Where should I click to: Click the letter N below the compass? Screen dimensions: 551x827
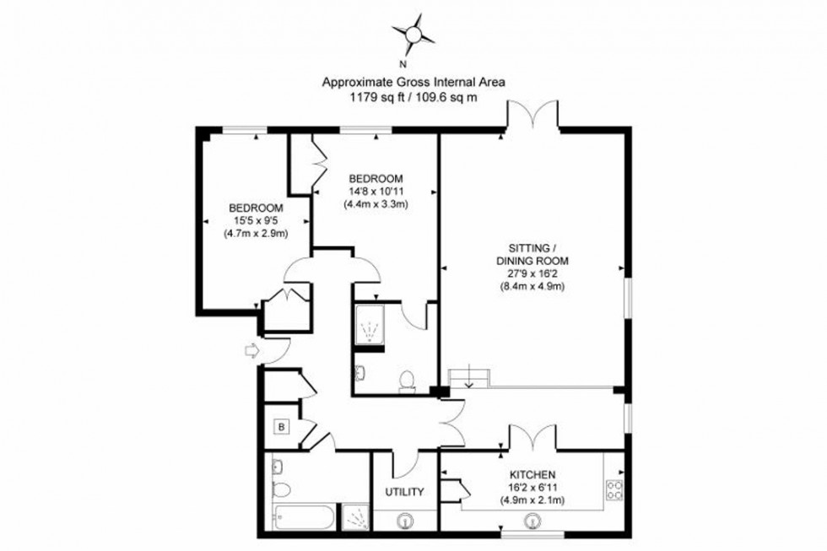click(x=403, y=64)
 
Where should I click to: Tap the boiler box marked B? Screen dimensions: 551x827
click(x=280, y=427)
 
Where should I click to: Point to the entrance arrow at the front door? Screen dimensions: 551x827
click(x=251, y=350)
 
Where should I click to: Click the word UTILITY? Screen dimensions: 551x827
click(x=404, y=492)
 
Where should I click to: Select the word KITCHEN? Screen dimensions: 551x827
click(x=531, y=475)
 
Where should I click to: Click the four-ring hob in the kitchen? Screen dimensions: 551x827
click(x=614, y=489)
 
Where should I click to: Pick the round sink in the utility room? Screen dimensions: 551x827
click(x=407, y=521)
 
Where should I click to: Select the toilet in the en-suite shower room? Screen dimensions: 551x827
click(x=408, y=381)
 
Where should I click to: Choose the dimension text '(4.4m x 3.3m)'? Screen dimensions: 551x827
click(x=376, y=203)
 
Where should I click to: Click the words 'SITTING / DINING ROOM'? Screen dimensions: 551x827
click(x=531, y=254)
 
